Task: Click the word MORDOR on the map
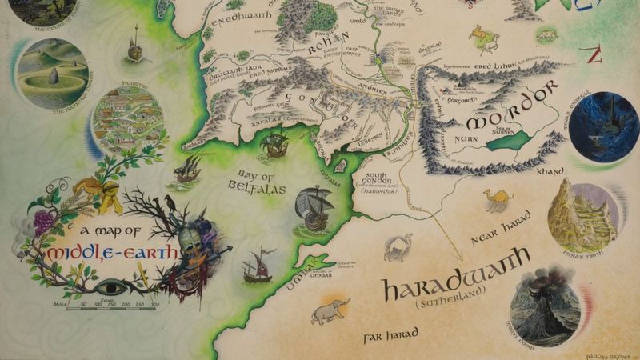(510, 113)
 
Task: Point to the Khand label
(553, 170)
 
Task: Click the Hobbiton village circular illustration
(128, 120)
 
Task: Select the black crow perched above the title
(170, 203)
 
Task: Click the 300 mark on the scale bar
(154, 305)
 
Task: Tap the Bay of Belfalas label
(263, 180)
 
